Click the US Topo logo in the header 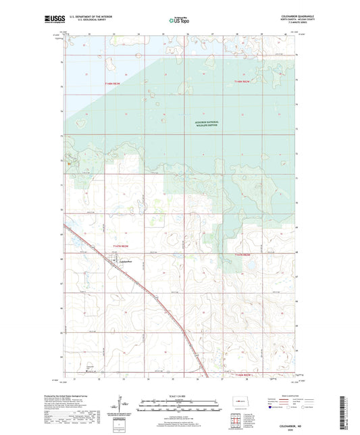pos(179,21)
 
